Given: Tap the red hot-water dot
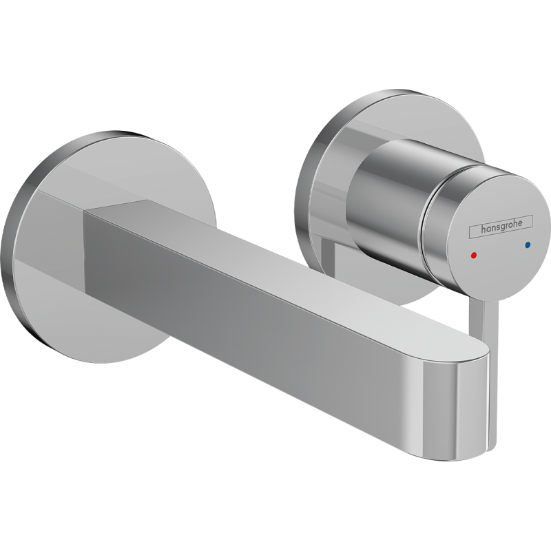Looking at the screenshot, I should click(471, 254).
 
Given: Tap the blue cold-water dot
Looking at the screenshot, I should click(528, 244).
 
